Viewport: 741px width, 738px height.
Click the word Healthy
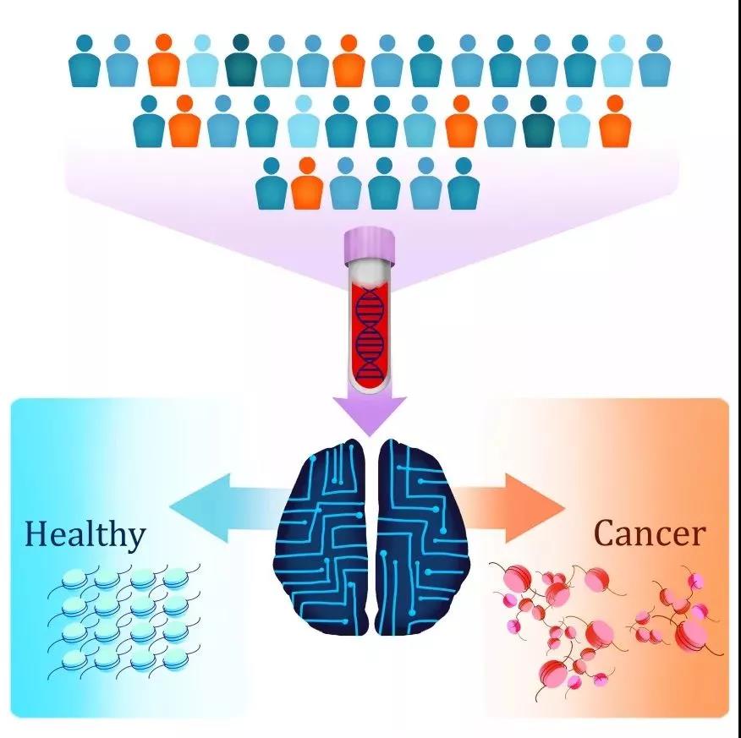pos(85,534)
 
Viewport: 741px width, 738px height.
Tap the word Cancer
pos(649,533)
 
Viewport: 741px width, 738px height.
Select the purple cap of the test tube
pos(370,245)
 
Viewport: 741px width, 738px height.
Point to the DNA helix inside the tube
pos(369,333)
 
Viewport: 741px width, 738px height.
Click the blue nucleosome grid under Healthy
pos(127,621)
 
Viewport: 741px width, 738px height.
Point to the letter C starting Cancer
pos(605,533)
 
